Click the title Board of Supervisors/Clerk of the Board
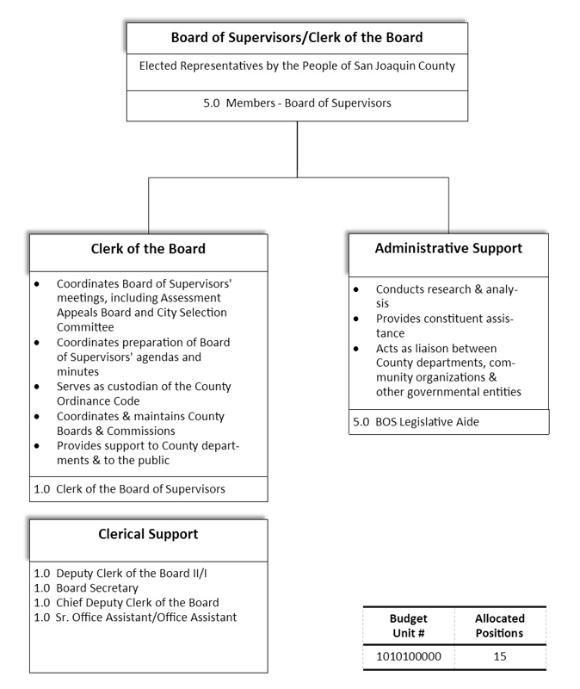tap(297, 38)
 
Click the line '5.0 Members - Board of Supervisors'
tap(297, 103)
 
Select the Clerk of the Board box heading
tap(148, 250)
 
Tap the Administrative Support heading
tap(448, 248)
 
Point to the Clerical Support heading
tap(148, 534)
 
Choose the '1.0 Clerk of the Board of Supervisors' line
tap(129, 488)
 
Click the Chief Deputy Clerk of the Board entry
tap(126, 602)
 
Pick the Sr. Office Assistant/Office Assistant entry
tap(134, 617)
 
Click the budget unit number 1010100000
tap(409, 656)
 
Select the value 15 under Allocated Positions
tap(500, 656)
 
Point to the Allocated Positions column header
tap(500, 625)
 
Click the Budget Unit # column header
tap(409, 625)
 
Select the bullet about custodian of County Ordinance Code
tap(143, 394)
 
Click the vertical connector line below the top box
tap(297, 148)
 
